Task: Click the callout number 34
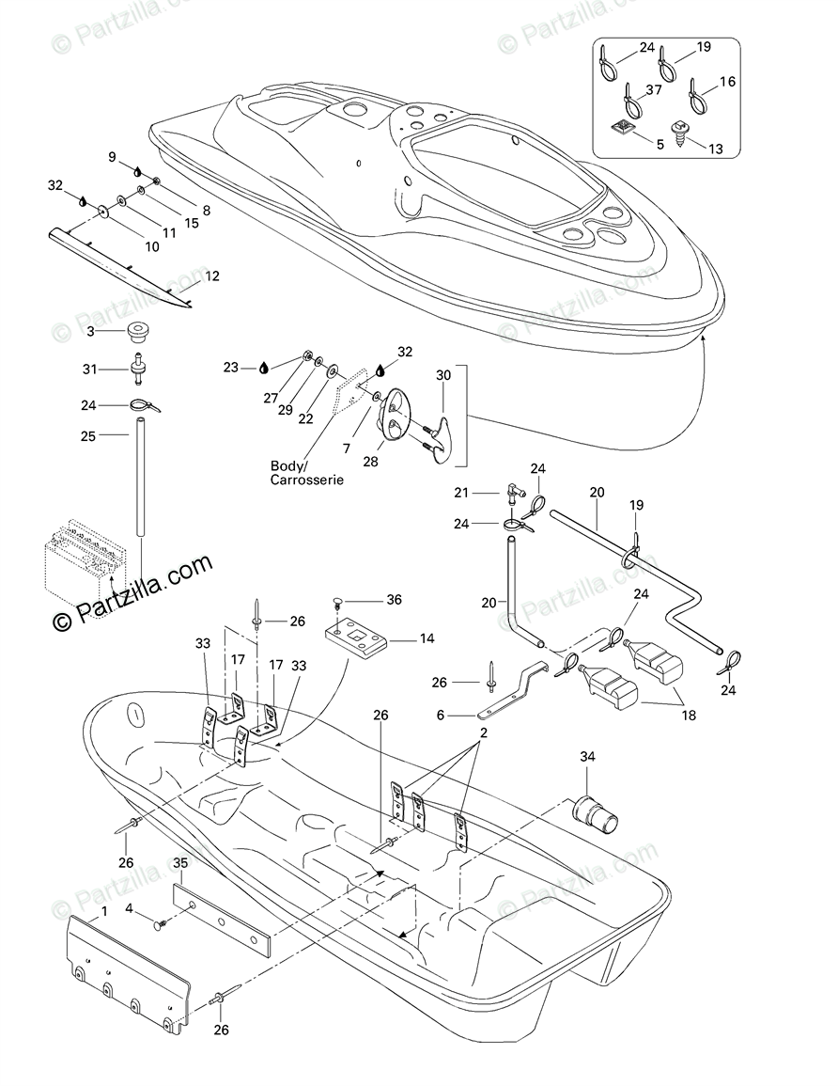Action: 587,757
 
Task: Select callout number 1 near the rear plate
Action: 103,911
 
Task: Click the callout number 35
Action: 182,862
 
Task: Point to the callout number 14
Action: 427,639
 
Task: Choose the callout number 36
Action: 394,599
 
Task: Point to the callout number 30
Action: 444,374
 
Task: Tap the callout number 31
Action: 89,369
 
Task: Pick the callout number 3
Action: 90,331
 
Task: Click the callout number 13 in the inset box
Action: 717,148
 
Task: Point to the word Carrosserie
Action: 306,480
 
